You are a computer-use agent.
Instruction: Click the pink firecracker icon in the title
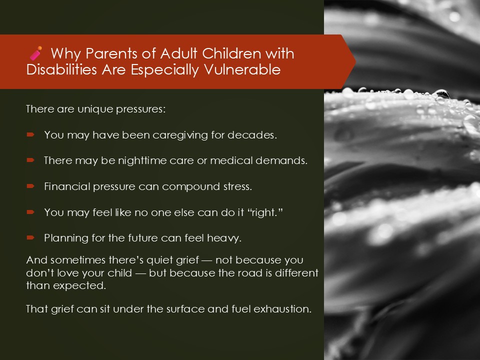pyautogui.click(x=36, y=53)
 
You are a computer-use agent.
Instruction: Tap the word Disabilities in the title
pyautogui.click(x=61, y=69)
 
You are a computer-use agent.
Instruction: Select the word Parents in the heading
pyautogui.click(x=111, y=53)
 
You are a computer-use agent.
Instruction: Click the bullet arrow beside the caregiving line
pyautogui.click(x=30, y=134)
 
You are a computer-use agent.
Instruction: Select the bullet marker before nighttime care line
pyautogui.click(x=30, y=160)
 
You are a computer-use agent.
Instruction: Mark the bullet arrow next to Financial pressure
pyautogui.click(x=30, y=186)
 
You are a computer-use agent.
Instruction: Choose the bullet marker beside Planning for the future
pyautogui.click(x=30, y=237)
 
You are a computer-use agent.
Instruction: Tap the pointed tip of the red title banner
pyautogui.click(x=355, y=61)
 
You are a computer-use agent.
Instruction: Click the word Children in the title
pyautogui.click(x=232, y=53)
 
